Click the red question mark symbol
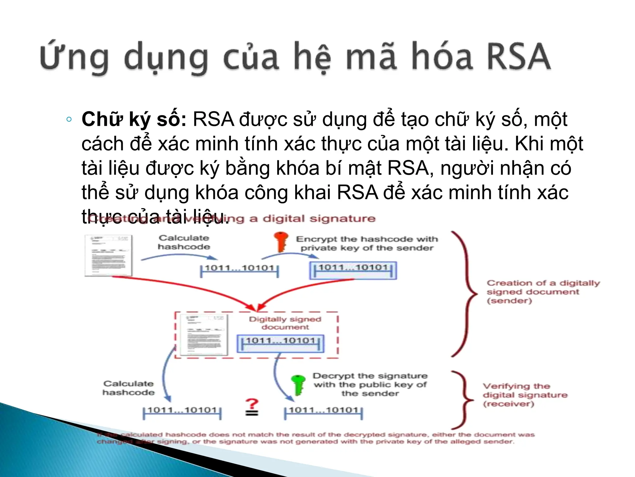pyautogui.click(x=252, y=404)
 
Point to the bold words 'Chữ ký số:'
pyautogui.click(x=134, y=119)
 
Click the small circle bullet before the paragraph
pyautogui.click(x=69, y=119)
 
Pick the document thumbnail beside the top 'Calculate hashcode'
pyautogui.click(x=108, y=255)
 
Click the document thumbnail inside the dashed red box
pyautogui.click(x=204, y=335)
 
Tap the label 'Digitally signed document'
pyautogui.click(x=285, y=323)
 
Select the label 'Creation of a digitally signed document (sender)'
pyautogui.click(x=543, y=292)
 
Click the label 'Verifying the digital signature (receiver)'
pyautogui.click(x=525, y=395)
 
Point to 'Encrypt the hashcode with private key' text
pyautogui.click(x=367, y=243)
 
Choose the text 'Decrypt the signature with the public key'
pyautogui.click(x=370, y=384)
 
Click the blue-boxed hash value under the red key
pyautogui.click(x=353, y=270)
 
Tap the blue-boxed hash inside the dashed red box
pyautogui.click(x=280, y=343)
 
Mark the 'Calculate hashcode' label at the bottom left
pyautogui.click(x=128, y=388)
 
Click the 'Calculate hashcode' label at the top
pyautogui.click(x=184, y=242)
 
